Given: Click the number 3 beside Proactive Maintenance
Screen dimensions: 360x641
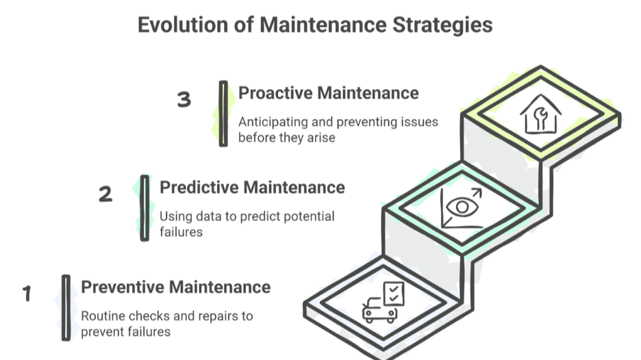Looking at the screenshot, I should pyautogui.click(x=184, y=100).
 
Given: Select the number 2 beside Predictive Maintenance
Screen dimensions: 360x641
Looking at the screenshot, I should pyautogui.click(x=105, y=194).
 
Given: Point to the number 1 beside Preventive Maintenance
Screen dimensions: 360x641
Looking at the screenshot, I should pyautogui.click(x=27, y=294).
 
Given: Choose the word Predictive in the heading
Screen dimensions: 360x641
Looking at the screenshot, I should pyautogui.click(x=200, y=187).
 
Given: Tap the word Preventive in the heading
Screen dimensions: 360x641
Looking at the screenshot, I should pyautogui.click(x=124, y=286).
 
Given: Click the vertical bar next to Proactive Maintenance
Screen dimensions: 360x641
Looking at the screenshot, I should pyautogui.click(x=223, y=114).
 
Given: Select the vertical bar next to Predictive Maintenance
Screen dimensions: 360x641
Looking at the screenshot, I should pyautogui.click(x=144, y=208).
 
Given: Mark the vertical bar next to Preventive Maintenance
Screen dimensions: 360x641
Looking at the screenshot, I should pyautogui.click(x=66, y=307).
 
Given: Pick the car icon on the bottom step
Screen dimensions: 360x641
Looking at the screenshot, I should pyautogui.click(x=379, y=310).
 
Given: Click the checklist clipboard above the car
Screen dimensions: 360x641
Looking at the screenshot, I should pyautogui.click(x=393, y=294).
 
